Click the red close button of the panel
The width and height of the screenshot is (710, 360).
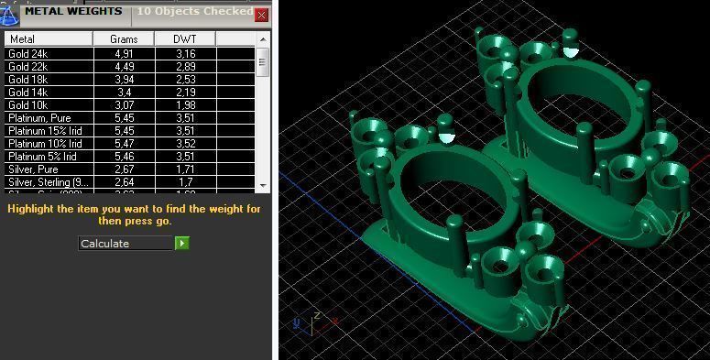click(262, 16)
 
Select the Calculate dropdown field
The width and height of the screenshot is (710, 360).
click(126, 244)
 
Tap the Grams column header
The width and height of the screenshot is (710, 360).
click(124, 39)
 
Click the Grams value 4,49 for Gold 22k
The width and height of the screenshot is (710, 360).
click(124, 67)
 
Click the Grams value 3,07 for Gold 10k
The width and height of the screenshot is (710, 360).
click(124, 105)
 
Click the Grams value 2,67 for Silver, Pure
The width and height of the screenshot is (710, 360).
click(124, 169)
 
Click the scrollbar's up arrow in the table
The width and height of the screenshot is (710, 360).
click(263, 39)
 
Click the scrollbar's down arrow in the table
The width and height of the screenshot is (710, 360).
click(263, 185)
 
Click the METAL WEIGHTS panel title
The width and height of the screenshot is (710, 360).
click(73, 12)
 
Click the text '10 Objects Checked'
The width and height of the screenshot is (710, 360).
click(194, 12)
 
